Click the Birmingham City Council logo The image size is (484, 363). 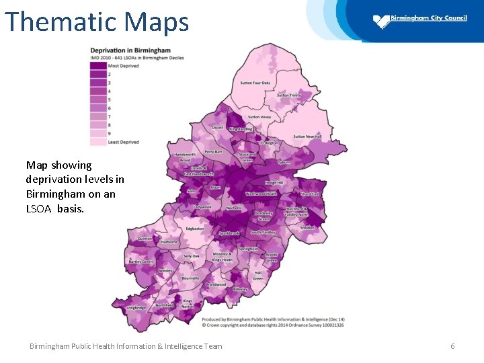(x=382, y=22)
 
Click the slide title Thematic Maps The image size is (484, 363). (x=97, y=22)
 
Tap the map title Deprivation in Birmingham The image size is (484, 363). (x=130, y=50)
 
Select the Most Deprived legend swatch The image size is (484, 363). (x=98, y=65)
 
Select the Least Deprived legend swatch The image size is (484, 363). (x=98, y=142)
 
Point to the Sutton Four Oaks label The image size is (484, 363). (x=255, y=83)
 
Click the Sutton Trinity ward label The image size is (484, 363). (x=289, y=95)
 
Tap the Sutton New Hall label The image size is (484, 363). (x=307, y=136)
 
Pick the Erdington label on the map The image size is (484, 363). (x=269, y=143)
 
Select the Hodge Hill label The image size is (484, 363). (x=274, y=182)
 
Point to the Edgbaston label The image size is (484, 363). (x=195, y=229)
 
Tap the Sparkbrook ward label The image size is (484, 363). (x=229, y=233)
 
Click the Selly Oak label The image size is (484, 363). (x=192, y=256)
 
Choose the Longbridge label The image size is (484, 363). (x=136, y=308)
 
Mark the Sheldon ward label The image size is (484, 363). (x=307, y=228)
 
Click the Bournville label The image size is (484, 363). (x=190, y=278)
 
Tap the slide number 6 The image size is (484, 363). (x=452, y=346)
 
